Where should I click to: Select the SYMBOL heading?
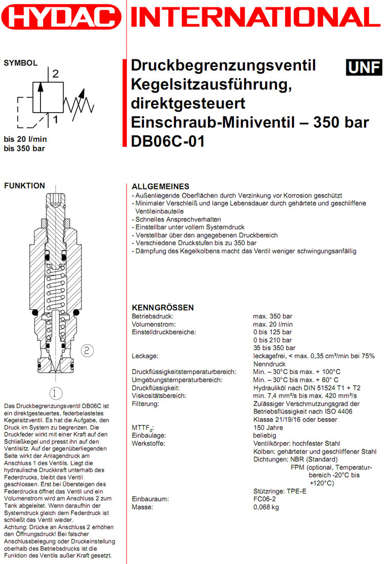pos(20,63)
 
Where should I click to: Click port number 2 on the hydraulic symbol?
pos(55,73)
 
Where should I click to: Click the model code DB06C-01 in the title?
pos(168,140)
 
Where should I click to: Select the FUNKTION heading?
pos(24,186)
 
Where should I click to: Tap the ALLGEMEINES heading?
pos(161,186)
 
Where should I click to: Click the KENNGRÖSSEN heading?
pos(163,308)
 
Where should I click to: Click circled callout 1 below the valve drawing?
pos(55,393)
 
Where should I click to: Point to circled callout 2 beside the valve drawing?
pos(87,350)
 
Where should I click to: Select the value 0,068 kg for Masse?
pos(266,507)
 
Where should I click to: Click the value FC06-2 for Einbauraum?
pos(265,499)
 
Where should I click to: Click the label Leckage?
pos(145,356)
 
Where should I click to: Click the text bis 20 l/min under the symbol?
pos(26,139)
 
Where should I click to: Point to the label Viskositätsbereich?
pos(159,396)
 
